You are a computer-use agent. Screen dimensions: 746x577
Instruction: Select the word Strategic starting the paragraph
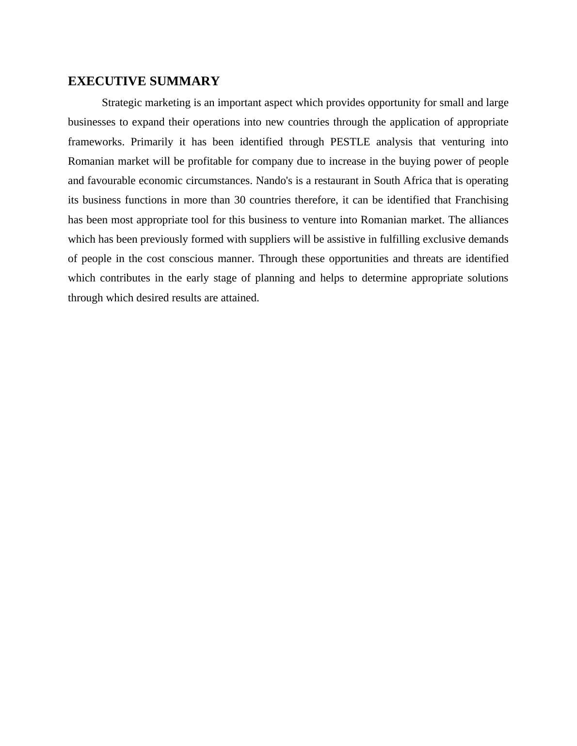click(121, 103)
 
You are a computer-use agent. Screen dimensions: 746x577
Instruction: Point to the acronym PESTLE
click(350, 142)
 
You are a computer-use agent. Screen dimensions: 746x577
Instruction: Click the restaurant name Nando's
click(274, 181)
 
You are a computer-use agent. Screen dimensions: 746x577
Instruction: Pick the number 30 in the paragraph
click(240, 200)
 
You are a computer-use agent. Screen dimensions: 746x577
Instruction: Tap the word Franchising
click(481, 200)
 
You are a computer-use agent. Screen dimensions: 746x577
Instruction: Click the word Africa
click(417, 181)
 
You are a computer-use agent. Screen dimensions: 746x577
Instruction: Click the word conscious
click(191, 259)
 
